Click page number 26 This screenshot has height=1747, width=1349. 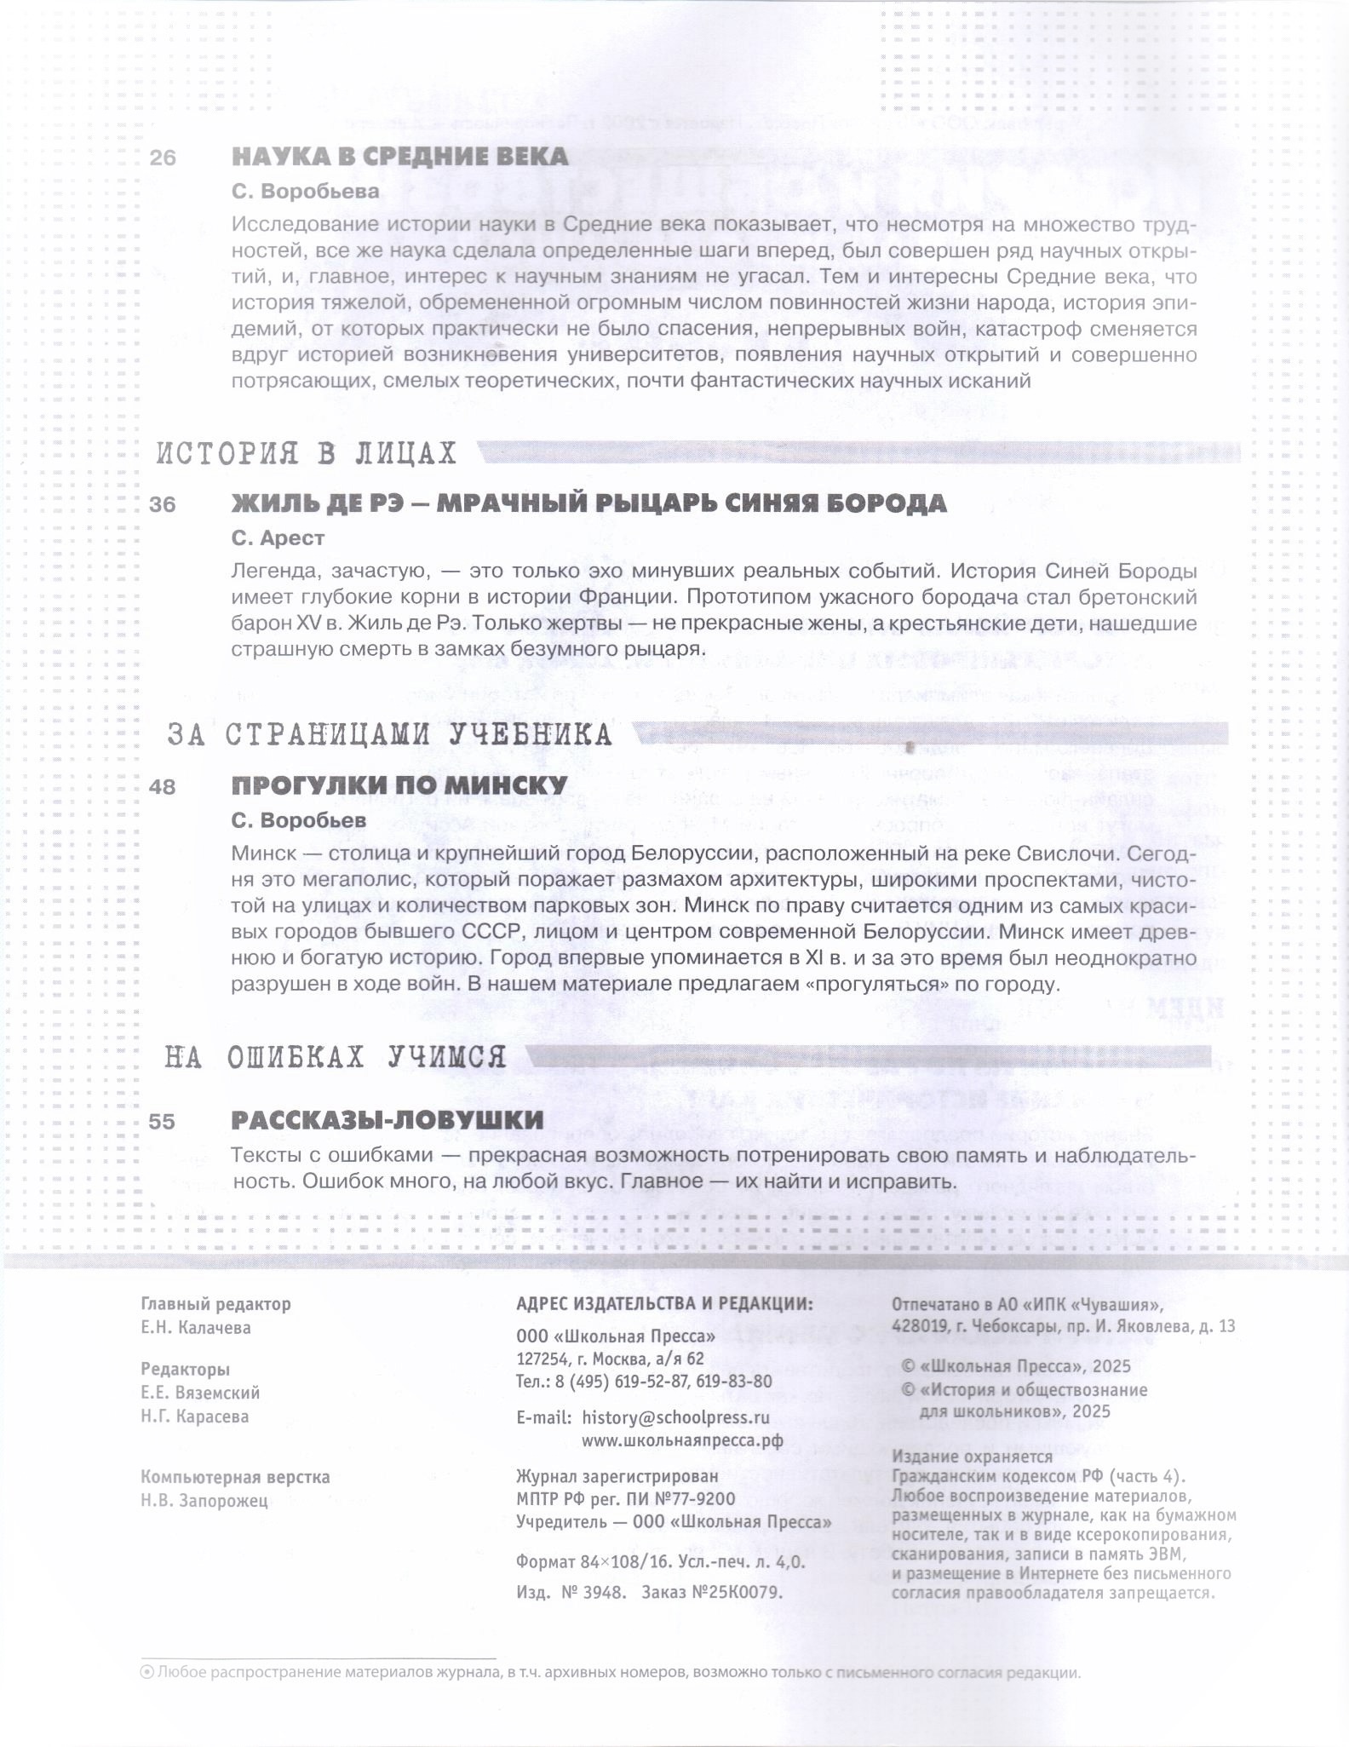point(163,158)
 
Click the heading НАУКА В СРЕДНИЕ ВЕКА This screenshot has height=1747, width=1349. point(399,157)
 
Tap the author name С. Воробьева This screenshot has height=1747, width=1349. point(305,192)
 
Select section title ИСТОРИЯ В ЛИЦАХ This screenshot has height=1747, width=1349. point(307,454)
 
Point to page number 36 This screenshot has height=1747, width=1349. point(163,505)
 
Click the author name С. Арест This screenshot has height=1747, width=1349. point(278,538)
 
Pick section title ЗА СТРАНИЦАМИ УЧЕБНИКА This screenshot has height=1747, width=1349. point(389,735)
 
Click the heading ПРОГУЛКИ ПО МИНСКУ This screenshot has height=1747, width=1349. point(399,785)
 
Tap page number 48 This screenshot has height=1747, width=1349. point(163,787)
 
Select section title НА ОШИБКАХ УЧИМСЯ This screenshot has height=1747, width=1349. point(336,1058)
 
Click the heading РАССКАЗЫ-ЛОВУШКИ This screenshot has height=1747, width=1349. point(387,1120)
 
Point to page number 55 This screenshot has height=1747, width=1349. point(162,1122)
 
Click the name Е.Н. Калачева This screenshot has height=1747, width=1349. point(196,1328)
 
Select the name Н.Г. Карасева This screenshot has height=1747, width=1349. point(195,1417)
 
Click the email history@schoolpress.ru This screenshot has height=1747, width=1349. point(675,1418)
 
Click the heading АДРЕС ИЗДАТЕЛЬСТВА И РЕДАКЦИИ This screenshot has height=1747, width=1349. point(664,1304)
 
